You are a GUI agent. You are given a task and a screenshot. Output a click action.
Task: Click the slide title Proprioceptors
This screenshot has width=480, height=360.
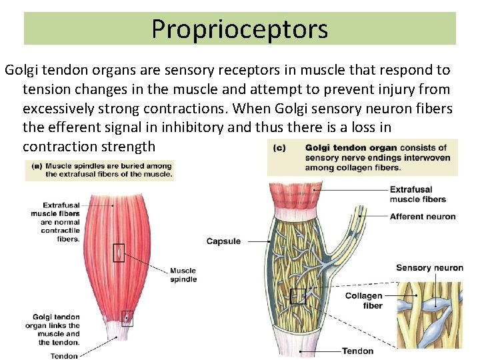pos(239,29)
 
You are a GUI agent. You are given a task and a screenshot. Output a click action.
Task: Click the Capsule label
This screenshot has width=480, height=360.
pos(223,241)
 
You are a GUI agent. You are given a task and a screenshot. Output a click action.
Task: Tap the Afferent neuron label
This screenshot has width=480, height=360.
pos(423,217)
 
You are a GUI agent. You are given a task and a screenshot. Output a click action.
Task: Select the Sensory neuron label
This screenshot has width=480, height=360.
pos(429,268)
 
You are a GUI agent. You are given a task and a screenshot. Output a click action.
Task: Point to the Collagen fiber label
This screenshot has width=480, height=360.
pos(364,301)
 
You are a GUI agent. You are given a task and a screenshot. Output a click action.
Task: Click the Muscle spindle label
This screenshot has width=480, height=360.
pos(183,275)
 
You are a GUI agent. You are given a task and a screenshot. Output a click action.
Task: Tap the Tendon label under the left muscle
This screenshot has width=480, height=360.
pos(64,356)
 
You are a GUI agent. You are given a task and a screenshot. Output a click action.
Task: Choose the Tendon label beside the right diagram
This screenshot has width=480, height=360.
pos(358,351)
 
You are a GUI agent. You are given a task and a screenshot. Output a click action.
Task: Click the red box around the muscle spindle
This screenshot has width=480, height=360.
pos(119,253)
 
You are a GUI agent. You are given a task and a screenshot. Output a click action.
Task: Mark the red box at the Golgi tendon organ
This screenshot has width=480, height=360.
pos(127,318)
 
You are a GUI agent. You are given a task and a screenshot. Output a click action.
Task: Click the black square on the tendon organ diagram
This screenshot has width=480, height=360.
pos(298,296)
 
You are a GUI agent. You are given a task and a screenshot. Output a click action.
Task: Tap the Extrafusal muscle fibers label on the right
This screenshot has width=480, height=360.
pos(417,194)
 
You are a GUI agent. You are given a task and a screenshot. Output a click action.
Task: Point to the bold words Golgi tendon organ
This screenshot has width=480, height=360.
pos(351,148)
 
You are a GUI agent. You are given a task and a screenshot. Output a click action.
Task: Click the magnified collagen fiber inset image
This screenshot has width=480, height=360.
pos(429,313)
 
